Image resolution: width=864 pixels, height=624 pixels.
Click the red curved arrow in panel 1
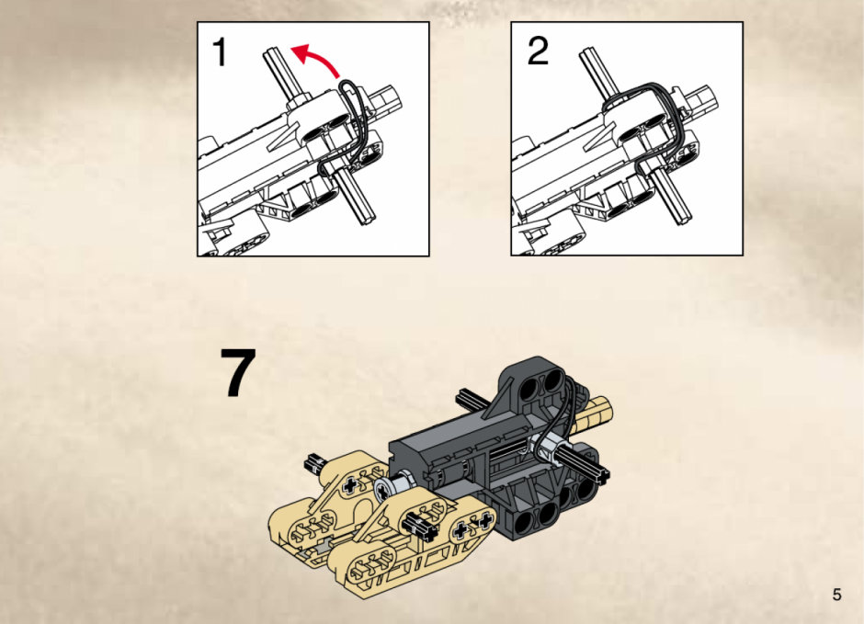[320, 57]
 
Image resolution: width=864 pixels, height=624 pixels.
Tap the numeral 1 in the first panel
[220, 51]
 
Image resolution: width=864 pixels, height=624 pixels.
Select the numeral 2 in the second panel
[538, 51]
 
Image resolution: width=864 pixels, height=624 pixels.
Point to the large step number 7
[238, 372]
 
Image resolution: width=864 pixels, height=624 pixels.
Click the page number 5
[836, 595]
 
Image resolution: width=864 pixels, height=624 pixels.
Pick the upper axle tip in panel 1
[271, 54]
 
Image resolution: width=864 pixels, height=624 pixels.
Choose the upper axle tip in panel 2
[586, 53]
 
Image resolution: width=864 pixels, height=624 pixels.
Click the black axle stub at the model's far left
[313, 464]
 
